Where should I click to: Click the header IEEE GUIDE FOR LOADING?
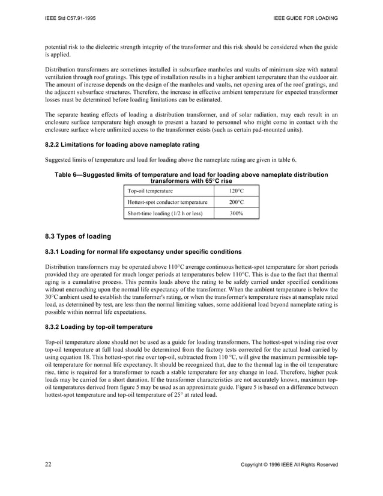[x=305, y=19]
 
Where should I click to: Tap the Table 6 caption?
[x=191, y=177]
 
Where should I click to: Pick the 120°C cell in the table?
[x=237, y=191]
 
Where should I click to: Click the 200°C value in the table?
[x=237, y=202]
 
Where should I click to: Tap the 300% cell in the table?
[x=237, y=213]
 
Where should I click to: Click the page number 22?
[x=49, y=465]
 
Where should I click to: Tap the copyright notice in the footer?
[x=289, y=465]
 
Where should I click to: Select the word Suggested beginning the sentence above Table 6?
[x=59, y=159]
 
